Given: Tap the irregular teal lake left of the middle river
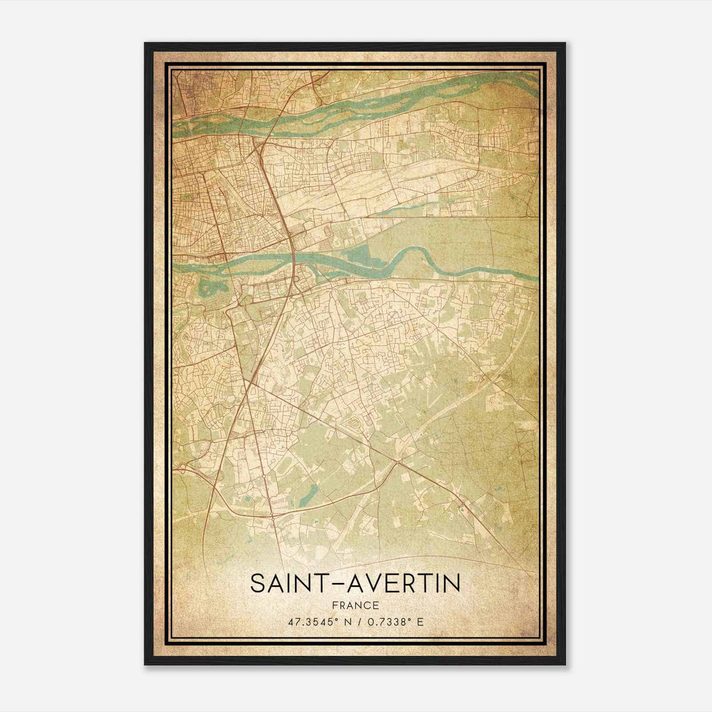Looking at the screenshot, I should pyautogui.click(x=209, y=287).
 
